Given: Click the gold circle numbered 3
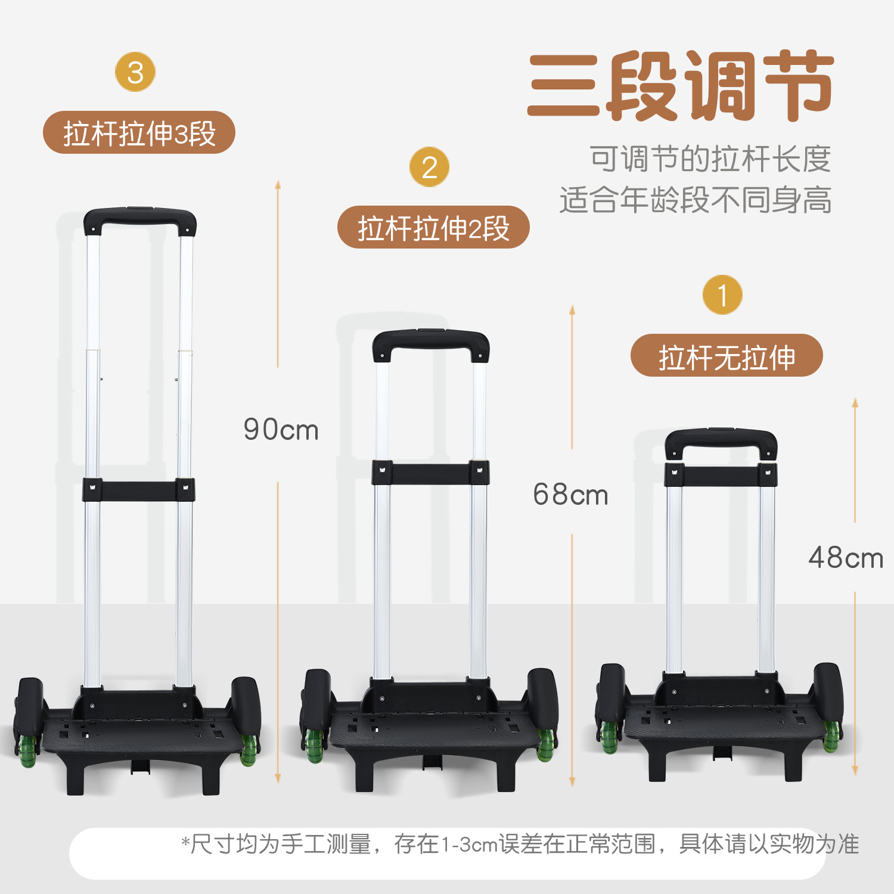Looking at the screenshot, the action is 135,72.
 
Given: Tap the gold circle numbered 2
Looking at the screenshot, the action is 429,167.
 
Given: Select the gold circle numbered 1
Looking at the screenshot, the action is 722,294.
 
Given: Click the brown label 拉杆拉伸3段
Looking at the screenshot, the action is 139,132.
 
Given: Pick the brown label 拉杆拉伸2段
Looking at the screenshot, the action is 433,227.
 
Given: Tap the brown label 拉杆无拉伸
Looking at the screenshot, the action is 727,355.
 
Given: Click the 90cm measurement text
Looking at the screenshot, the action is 281,429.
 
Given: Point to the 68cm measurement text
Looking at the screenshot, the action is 570,494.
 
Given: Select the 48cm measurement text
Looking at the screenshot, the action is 846,558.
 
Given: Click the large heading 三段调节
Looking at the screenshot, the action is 680,86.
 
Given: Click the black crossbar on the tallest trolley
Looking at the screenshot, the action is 139,489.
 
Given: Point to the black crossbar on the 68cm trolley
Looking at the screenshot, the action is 431,473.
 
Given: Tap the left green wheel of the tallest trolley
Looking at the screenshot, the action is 28,750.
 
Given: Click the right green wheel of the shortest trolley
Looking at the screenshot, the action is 832,737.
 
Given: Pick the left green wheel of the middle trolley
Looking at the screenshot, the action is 314,745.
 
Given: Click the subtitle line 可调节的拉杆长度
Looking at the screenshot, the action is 710,159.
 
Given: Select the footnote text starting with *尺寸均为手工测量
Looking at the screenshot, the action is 520,844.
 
